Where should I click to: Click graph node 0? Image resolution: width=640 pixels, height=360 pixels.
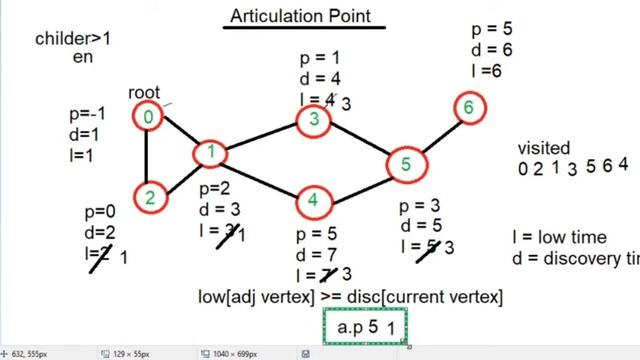click(148, 117)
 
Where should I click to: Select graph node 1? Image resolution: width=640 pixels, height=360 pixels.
click(211, 153)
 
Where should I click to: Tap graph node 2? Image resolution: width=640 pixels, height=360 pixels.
click(148, 197)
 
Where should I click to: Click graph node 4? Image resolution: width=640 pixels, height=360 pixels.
click(313, 201)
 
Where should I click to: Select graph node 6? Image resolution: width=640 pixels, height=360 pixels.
click(468, 107)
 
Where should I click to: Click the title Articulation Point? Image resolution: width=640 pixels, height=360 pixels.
click(300, 15)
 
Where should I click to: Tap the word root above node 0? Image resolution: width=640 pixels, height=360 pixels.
click(144, 93)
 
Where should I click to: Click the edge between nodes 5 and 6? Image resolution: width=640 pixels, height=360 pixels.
click(437, 135)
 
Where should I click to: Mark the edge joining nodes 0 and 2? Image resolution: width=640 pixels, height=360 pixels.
click(148, 157)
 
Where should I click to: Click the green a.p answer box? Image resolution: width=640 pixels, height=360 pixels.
click(365, 326)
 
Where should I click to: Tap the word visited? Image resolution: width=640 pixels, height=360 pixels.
click(544, 148)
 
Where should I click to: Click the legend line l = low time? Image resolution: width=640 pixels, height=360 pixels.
click(558, 237)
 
